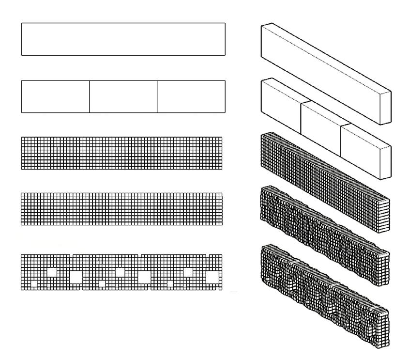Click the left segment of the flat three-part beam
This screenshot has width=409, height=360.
pyautogui.click(x=55, y=96)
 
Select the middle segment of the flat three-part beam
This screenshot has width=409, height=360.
pyautogui.click(x=123, y=96)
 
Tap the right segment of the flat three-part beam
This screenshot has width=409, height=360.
pyautogui.click(x=191, y=96)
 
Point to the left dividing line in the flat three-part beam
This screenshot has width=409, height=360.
pyautogui.click(x=90, y=96)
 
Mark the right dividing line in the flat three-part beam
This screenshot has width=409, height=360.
pyautogui.click(x=157, y=96)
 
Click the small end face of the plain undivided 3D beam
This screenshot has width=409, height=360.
pyautogui.click(x=386, y=101)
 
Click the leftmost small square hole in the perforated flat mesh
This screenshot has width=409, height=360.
pyautogui.click(x=33, y=283)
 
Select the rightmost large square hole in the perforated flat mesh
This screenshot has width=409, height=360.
pyautogui.click(x=212, y=277)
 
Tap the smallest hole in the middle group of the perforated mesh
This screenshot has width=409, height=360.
pyautogui.click(x=102, y=283)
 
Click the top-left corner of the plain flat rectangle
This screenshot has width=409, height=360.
pyautogui.click(x=22, y=23)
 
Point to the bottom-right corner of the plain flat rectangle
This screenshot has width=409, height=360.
pyautogui.click(x=225, y=55)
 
